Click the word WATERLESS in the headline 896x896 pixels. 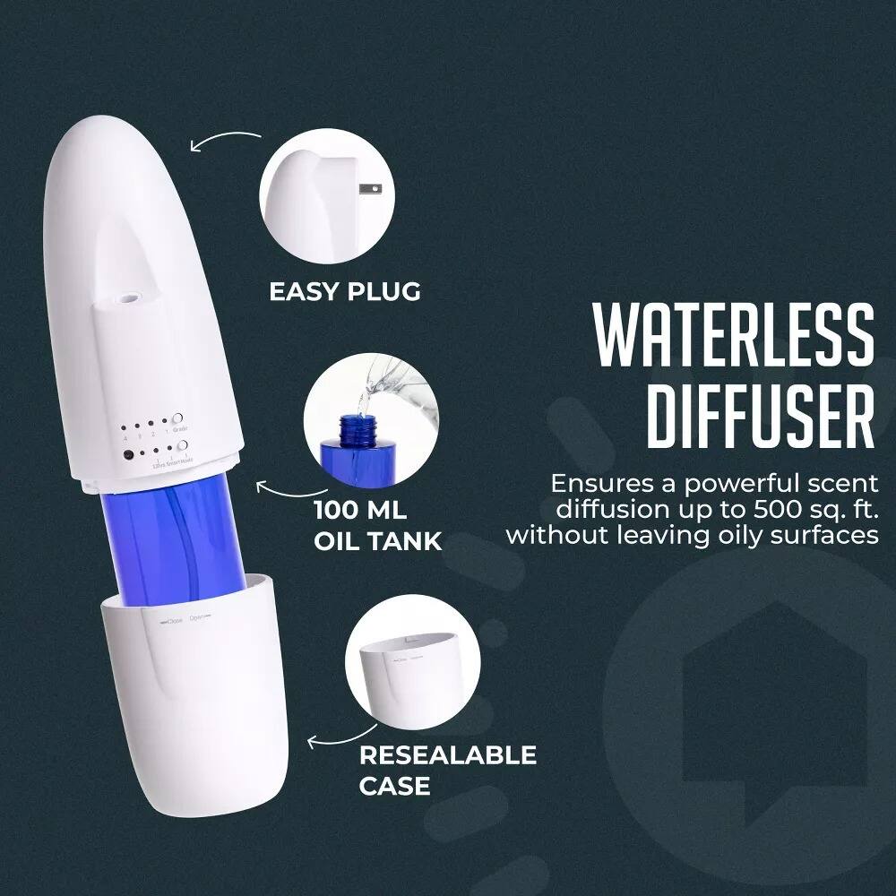click(x=734, y=334)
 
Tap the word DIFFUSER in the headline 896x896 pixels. click(x=761, y=417)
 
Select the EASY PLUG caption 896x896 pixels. click(x=345, y=291)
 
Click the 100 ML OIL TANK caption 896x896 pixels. click(x=376, y=527)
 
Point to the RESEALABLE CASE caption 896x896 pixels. click(x=447, y=770)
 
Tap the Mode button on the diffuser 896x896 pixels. click(x=182, y=445)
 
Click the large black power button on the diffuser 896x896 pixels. click(x=129, y=453)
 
